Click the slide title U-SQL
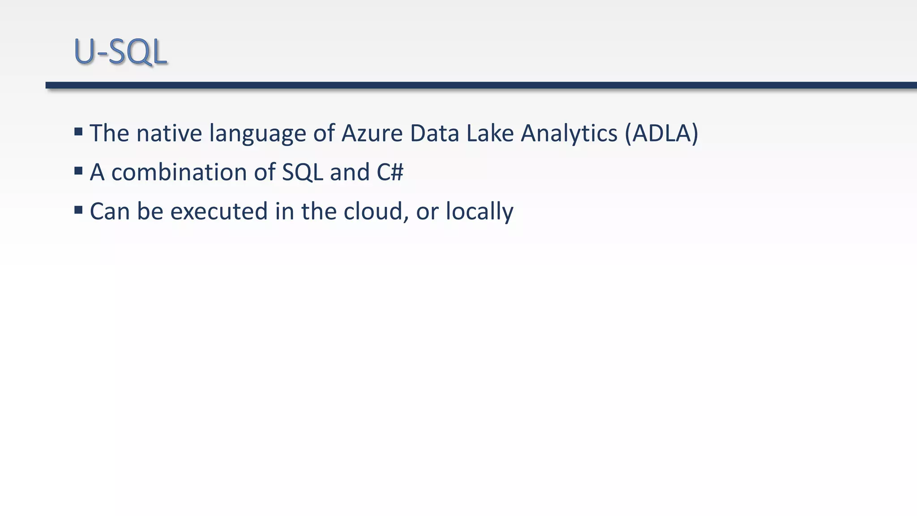coord(120,52)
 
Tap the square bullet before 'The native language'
coord(78,132)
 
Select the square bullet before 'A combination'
coord(78,171)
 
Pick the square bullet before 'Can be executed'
coord(78,210)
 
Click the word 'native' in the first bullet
coord(169,133)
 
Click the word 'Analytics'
coord(569,134)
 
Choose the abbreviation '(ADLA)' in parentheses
coord(661,133)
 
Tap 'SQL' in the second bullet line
coord(302,172)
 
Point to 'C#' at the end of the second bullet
coord(390,172)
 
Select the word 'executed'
coord(219,211)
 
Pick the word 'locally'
coord(479,212)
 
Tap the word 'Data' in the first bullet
coord(434,133)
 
